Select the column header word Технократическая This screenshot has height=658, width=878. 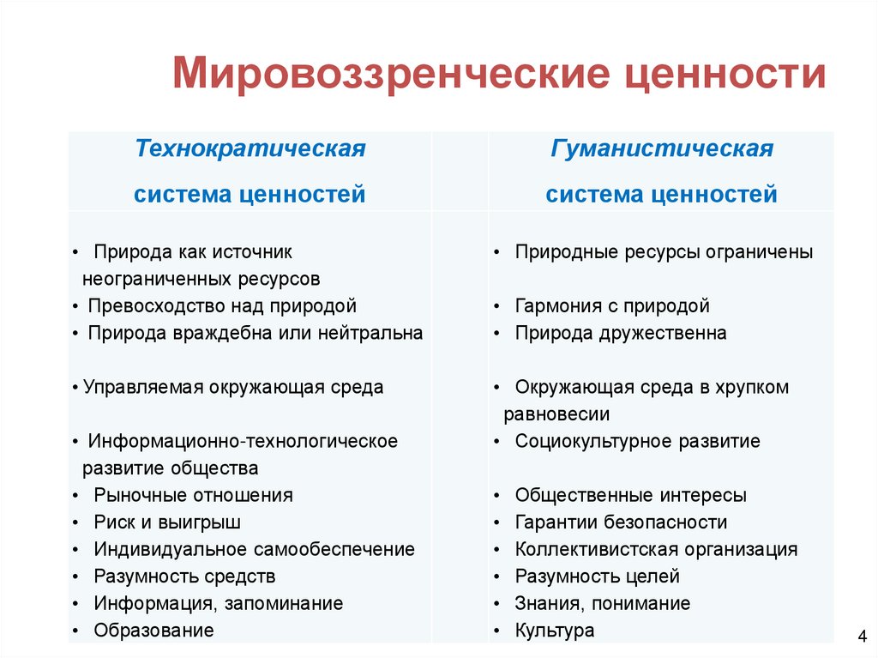pyautogui.click(x=250, y=149)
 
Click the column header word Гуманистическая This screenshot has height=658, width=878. pyautogui.click(x=662, y=149)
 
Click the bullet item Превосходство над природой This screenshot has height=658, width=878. pyautogui.click(x=221, y=306)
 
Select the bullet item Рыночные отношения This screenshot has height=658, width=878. pyautogui.click(x=193, y=495)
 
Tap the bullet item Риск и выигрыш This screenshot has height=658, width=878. pyautogui.click(x=167, y=522)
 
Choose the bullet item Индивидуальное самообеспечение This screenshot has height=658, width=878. pyautogui.click(x=254, y=549)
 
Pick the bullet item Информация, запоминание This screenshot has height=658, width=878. pyautogui.click(x=218, y=604)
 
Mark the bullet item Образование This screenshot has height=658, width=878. pyautogui.click(x=153, y=631)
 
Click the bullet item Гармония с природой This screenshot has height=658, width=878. pyautogui.click(x=612, y=306)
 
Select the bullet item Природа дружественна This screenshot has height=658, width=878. pyautogui.click(x=621, y=333)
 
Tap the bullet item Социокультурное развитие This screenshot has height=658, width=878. pyautogui.click(x=637, y=442)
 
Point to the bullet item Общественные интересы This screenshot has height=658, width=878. pyautogui.click(x=630, y=495)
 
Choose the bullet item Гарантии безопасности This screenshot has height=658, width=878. pyautogui.click(x=621, y=522)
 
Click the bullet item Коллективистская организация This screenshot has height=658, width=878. pyautogui.click(x=656, y=549)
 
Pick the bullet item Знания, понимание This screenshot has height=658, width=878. pyautogui.click(x=602, y=604)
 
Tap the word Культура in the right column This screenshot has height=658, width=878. pyautogui.click(x=555, y=631)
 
